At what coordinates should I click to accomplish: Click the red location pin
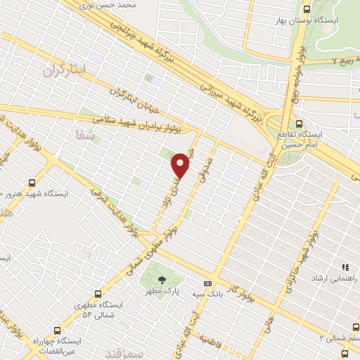pos(181,165)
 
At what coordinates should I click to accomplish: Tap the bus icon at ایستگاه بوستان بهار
pos(306,10)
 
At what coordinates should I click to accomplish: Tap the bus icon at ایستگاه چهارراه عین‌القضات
pos(58,330)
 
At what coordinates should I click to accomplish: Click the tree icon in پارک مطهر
pos(162,279)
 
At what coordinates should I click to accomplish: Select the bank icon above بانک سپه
pos(207,283)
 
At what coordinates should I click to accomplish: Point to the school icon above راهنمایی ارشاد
pos(345,268)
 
